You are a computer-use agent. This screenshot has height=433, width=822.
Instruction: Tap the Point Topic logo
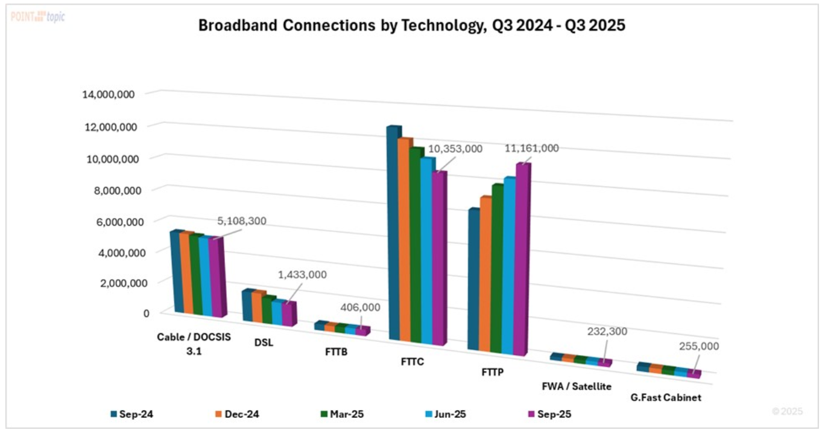click(37, 16)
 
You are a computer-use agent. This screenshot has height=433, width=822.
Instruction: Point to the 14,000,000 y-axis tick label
click(110, 94)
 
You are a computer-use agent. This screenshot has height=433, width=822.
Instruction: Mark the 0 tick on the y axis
click(146, 313)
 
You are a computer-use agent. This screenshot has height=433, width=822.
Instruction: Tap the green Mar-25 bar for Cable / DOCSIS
click(195, 275)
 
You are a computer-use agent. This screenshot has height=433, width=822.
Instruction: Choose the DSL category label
click(263, 343)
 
